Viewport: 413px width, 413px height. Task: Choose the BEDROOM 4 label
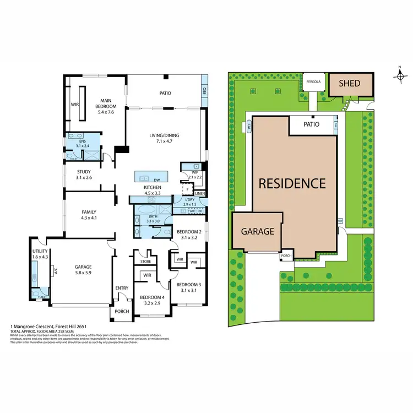[147, 300]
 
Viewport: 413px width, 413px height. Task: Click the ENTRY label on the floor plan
[122, 288]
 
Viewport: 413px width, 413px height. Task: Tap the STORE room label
[145, 262]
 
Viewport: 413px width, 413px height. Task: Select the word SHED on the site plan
[349, 84]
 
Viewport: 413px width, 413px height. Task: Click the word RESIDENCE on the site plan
[292, 183]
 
